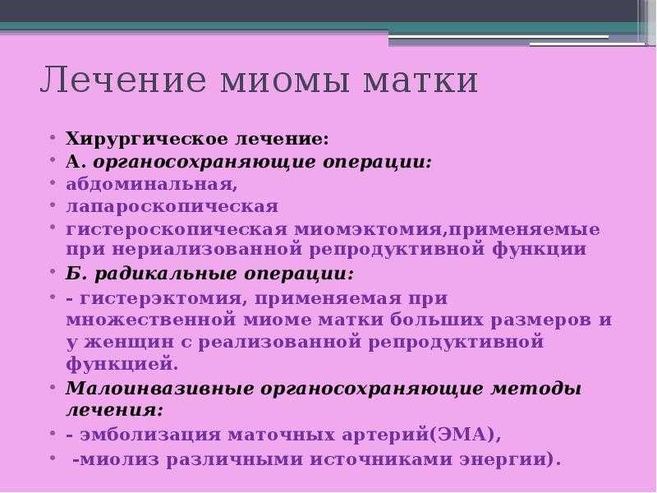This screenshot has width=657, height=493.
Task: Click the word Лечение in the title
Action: (x=124, y=79)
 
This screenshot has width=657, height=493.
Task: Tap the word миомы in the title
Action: (x=285, y=81)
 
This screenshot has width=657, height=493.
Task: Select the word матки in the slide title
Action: (x=420, y=81)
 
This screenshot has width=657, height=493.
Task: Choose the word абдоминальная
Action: (x=152, y=184)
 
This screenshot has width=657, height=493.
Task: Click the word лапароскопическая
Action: (x=172, y=207)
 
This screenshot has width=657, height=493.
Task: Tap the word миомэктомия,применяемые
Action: (x=447, y=230)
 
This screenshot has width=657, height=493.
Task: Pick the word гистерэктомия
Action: (x=160, y=299)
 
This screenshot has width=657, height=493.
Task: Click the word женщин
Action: (x=129, y=342)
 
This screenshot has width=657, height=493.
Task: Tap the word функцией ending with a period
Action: (x=122, y=363)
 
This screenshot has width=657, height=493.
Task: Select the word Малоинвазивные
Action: (x=159, y=389)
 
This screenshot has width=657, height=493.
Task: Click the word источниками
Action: (x=381, y=459)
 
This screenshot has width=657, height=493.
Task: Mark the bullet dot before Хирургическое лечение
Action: (x=53, y=137)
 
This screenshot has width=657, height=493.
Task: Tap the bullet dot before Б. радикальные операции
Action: (x=53, y=271)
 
